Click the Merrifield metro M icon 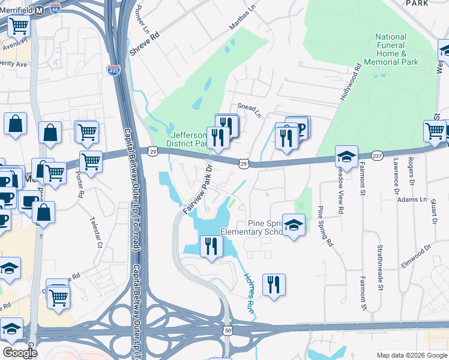point(39,11)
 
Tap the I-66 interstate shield point(55,9)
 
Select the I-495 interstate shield point(113,70)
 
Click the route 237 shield point(377,155)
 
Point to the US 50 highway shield point(228,330)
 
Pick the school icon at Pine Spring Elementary point(293,225)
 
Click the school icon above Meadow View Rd point(346,157)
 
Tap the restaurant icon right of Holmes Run point(274,284)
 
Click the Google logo point(20,352)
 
